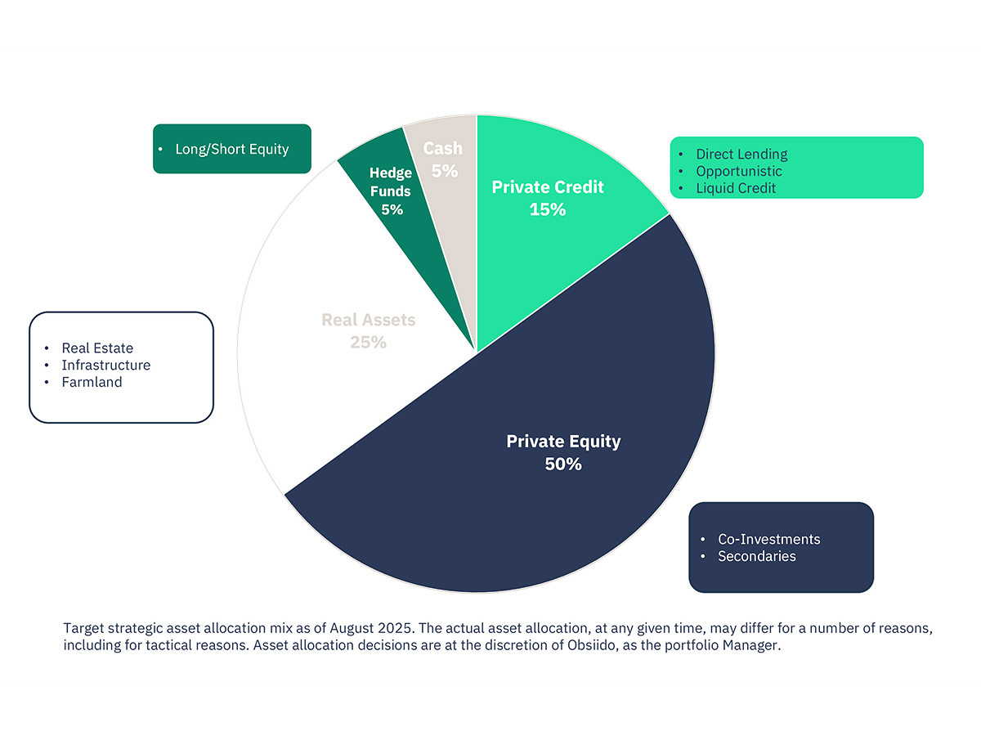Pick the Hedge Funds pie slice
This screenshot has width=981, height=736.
pyautogui.click(x=402, y=214)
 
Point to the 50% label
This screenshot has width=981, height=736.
pyautogui.click(x=563, y=464)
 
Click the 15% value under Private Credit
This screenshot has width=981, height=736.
pyautogui.click(x=548, y=209)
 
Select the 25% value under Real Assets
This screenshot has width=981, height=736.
pyautogui.click(x=368, y=343)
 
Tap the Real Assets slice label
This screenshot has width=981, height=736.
pyautogui.click(x=368, y=320)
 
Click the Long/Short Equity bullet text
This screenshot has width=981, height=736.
pyautogui.click(x=232, y=149)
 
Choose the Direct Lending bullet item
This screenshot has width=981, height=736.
pyautogui.click(x=741, y=155)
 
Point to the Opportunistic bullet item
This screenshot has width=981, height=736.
pyautogui.click(x=739, y=171)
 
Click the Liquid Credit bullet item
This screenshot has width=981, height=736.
pyautogui.click(x=736, y=188)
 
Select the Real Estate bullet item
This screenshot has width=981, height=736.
pyautogui.click(x=97, y=348)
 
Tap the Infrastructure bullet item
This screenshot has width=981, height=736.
pyautogui.click(x=106, y=365)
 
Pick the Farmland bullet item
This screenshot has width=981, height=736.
pyautogui.click(x=92, y=382)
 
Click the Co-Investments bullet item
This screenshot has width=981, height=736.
pyautogui.click(x=768, y=540)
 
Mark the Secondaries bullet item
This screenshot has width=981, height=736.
pyautogui.click(x=757, y=556)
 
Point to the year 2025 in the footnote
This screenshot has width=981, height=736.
pyautogui.click(x=395, y=628)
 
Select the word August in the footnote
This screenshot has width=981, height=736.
pyautogui.click(x=352, y=629)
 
